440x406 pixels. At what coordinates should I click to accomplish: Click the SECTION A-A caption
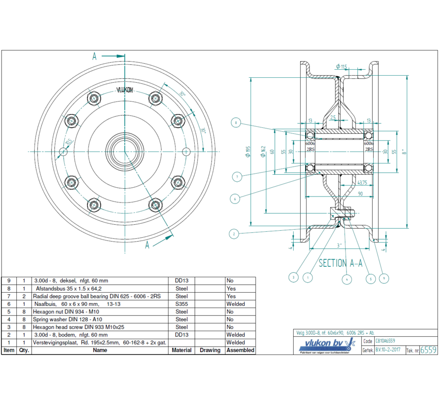pos(340,263)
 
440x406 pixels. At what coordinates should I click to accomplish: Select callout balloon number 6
pos(236,199)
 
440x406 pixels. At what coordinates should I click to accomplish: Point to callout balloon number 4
pos(347,280)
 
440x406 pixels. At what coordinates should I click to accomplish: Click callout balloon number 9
pos(384,279)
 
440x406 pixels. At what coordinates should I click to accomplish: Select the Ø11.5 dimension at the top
pos(342,67)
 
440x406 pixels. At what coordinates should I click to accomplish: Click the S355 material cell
pos(181,304)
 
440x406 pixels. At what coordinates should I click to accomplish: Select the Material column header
pos(181,350)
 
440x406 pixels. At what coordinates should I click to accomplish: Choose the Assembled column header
pos(240,350)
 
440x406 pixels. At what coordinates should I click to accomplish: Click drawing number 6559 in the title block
pos(428,350)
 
